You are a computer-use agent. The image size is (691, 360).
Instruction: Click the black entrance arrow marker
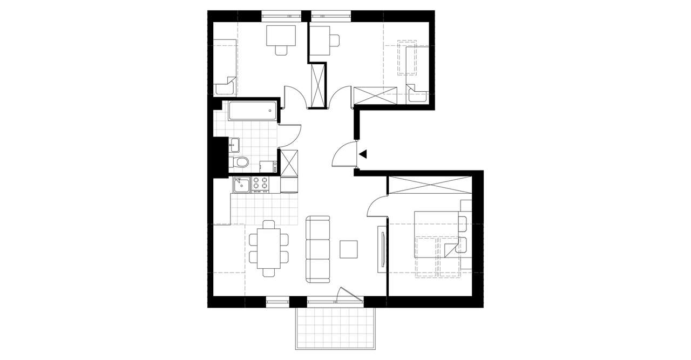(x=363, y=154)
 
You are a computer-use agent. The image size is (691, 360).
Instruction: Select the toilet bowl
(x=241, y=161)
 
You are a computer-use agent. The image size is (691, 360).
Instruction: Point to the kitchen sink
(x=241, y=185)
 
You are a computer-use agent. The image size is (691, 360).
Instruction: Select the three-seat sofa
(x=318, y=249)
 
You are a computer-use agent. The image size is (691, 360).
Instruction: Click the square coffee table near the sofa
(x=349, y=249)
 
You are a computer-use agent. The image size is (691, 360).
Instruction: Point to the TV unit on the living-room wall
(x=382, y=248)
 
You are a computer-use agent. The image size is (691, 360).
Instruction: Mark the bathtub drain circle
(x=270, y=111)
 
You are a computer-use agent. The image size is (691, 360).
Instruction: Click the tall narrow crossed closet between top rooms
(x=319, y=85)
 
